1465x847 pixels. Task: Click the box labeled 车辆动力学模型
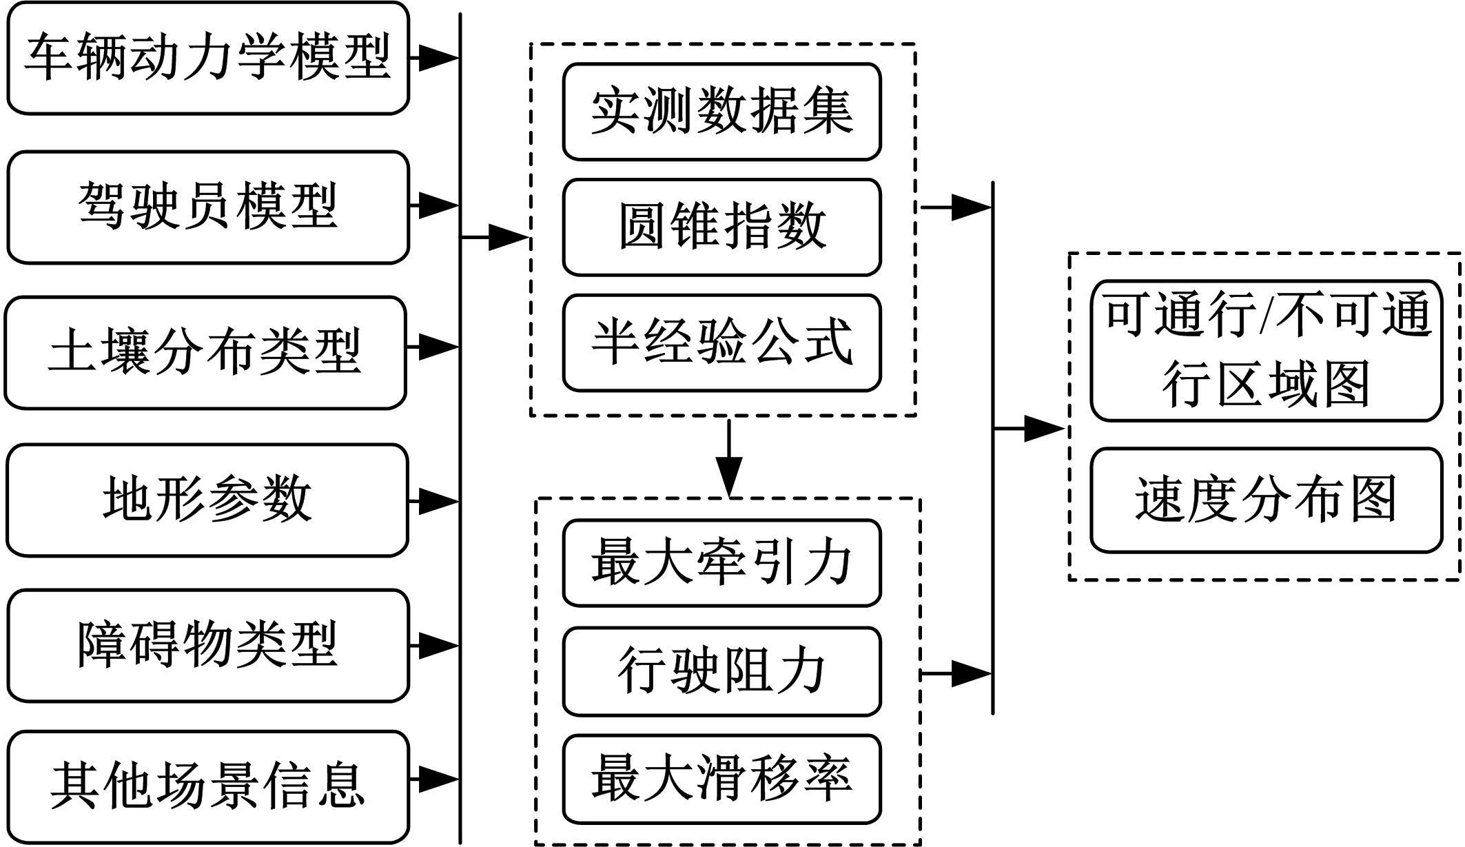(208, 58)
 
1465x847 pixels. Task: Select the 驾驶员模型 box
(208, 207)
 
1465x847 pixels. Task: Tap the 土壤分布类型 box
(205, 353)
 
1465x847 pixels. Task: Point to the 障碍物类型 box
(208, 646)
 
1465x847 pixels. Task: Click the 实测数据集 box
(721, 112)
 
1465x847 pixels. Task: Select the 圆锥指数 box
(721, 227)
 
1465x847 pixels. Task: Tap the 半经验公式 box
(721, 343)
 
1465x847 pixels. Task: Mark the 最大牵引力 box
(721, 563)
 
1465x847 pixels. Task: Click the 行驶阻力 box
(721, 671)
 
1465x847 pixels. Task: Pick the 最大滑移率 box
(721, 779)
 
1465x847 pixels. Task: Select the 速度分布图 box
(1266, 500)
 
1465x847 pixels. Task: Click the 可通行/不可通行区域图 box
(1266, 350)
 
